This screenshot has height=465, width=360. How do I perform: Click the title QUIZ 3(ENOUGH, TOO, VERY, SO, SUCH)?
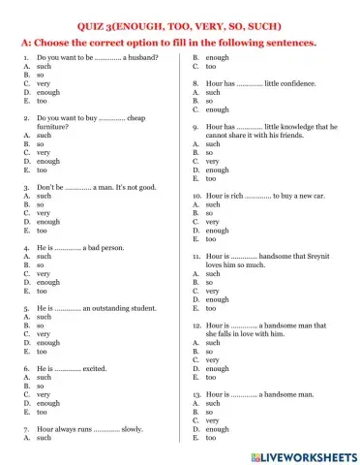180,27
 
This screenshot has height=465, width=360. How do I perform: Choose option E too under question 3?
41,232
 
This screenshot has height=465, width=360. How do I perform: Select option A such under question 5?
43,317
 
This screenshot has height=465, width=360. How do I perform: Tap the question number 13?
196,395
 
